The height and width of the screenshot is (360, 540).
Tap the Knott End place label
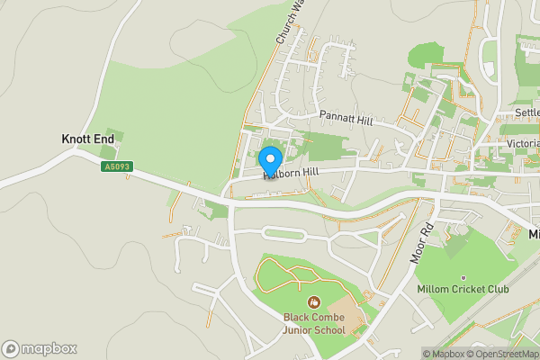point(87,139)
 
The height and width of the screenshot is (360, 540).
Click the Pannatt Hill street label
point(345,115)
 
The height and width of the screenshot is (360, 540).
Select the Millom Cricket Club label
point(463,289)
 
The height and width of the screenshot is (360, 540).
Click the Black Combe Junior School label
point(314,323)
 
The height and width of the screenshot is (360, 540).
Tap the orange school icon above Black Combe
point(314,301)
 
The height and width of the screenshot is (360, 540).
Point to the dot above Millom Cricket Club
point(463,277)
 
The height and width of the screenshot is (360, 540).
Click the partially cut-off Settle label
point(526,112)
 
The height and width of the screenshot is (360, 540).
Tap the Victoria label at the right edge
point(522,144)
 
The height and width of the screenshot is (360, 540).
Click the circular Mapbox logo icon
point(11,349)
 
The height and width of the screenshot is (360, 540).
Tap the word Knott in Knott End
point(75,139)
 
